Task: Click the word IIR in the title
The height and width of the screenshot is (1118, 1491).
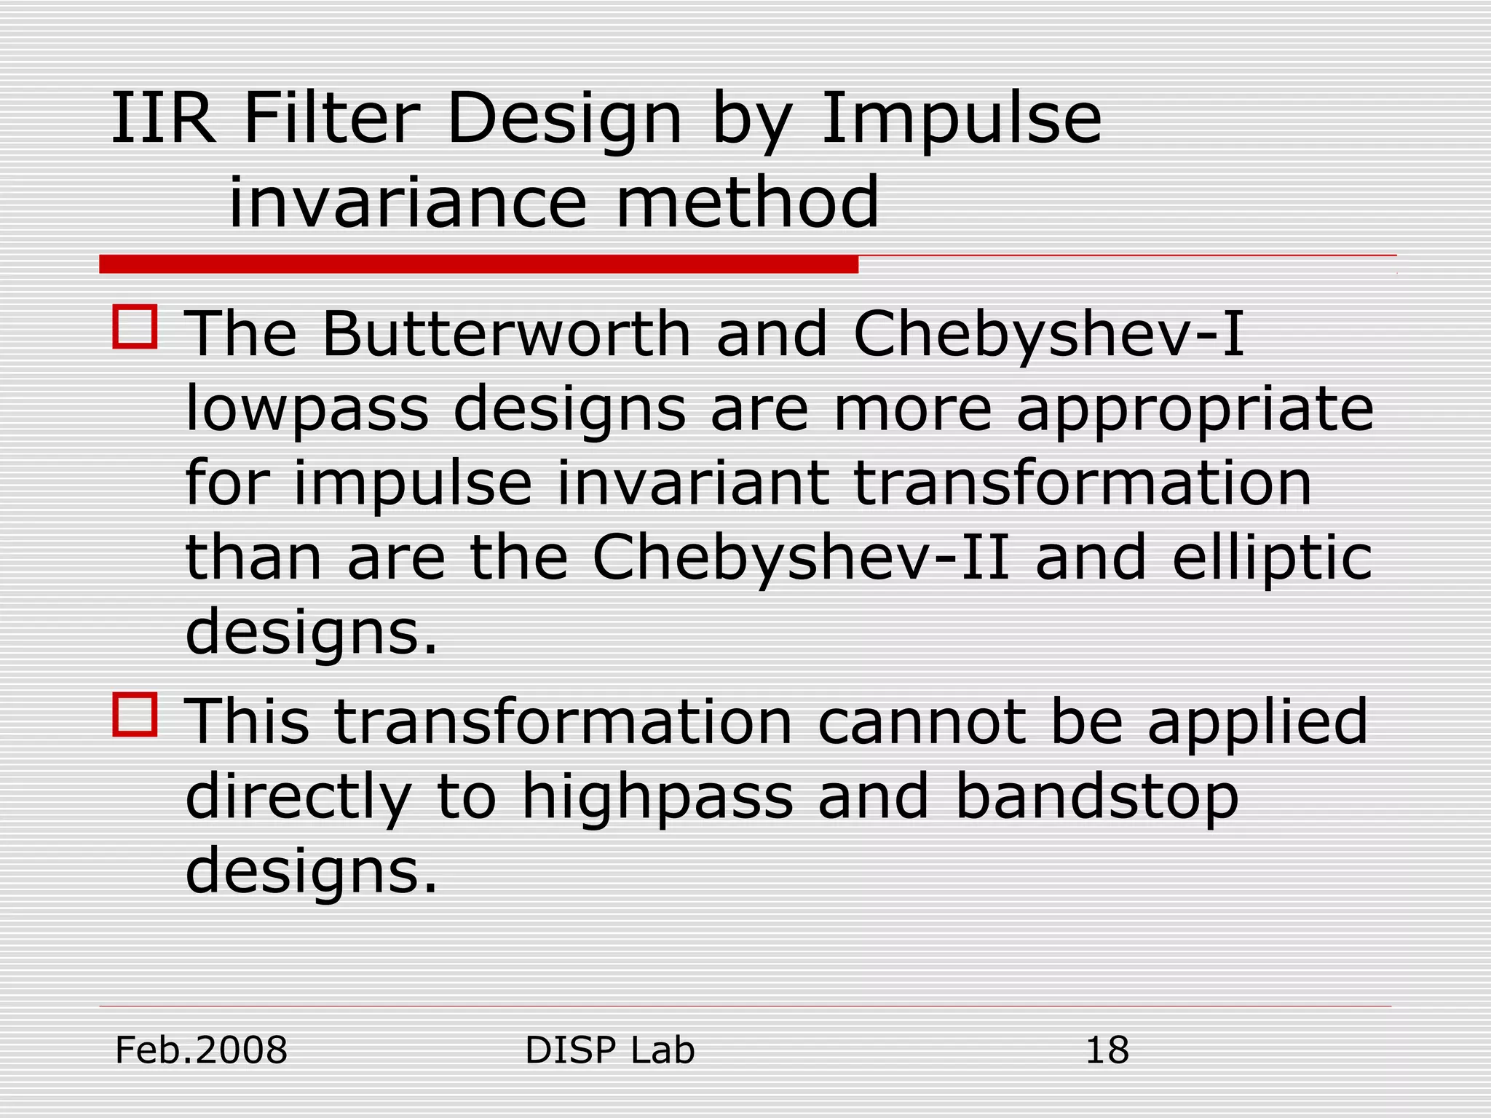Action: click(x=163, y=119)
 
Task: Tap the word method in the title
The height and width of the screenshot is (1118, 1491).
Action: click(x=748, y=202)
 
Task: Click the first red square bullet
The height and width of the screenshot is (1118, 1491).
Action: click(x=135, y=327)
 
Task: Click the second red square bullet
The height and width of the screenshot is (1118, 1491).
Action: click(x=135, y=715)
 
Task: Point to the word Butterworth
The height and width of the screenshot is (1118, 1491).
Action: click(x=506, y=334)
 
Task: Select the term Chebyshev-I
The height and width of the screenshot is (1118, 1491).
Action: click(x=1048, y=336)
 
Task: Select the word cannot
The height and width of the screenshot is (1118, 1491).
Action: click(x=922, y=722)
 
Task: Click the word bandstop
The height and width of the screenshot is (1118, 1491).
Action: click(x=1096, y=797)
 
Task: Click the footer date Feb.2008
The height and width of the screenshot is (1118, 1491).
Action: click(x=202, y=1050)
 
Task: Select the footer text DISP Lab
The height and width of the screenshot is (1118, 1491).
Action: click(x=609, y=1050)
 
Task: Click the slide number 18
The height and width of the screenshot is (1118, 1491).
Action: click(x=1107, y=1050)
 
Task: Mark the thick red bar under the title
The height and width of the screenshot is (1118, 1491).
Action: click(x=478, y=264)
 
